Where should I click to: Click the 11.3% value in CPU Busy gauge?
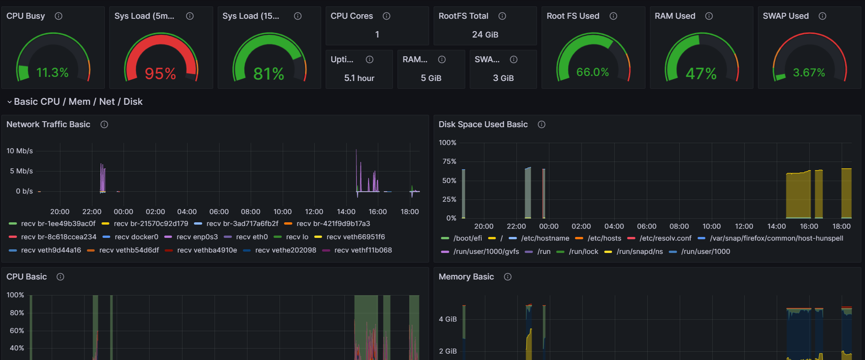tap(52, 73)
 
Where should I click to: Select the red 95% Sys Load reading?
tap(160, 74)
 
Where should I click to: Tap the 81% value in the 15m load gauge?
tap(269, 74)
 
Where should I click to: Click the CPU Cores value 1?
tap(377, 35)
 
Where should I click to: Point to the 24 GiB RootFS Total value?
tap(485, 35)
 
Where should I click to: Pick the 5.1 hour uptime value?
tap(359, 78)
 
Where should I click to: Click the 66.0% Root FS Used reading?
tap(592, 72)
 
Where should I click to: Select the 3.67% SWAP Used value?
tap(809, 73)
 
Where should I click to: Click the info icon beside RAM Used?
tap(709, 16)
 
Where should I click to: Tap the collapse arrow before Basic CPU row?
tap(9, 102)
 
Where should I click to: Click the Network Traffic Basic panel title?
tap(48, 124)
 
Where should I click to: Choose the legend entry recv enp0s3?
tap(197, 237)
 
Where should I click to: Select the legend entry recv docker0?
tap(136, 237)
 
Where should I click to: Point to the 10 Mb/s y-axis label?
tap(20, 151)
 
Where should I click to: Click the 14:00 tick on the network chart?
tap(346, 212)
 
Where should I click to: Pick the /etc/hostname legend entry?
tap(545, 238)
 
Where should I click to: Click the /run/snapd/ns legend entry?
tap(639, 252)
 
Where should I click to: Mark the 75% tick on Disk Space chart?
tap(449, 161)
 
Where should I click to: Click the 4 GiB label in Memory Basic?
tap(447, 319)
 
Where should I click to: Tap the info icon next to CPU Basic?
tap(60, 277)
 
